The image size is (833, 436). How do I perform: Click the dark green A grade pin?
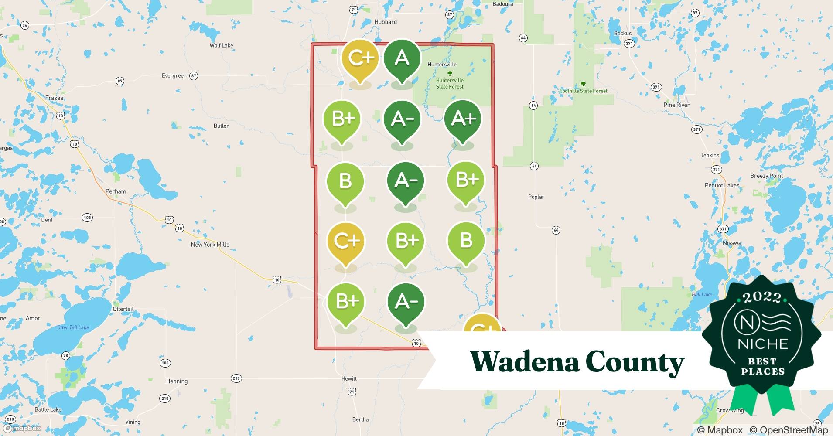[402, 59]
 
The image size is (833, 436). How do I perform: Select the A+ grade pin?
[463, 119]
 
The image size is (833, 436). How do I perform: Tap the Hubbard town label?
[386, 22]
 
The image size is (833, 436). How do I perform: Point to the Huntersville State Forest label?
[450, 83]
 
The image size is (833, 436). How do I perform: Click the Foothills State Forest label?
[583, 91]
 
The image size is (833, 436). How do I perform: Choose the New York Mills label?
[210, 245]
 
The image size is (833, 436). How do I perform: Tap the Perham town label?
[116, 191]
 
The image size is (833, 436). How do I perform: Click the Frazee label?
[55, 98]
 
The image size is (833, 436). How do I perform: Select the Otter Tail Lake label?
[73, 327]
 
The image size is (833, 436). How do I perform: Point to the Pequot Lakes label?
[722, 185]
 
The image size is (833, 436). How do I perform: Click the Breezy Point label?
[766, 176]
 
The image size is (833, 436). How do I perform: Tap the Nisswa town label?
[732, 243]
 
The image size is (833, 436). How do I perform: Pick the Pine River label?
[676, 105]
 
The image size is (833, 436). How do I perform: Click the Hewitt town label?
[349, 378]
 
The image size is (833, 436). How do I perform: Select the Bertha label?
[360, 419]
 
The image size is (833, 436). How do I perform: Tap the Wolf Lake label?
[221, 45]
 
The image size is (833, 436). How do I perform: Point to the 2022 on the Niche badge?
[762, 297]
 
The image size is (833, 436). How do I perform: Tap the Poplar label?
[536, 197]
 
